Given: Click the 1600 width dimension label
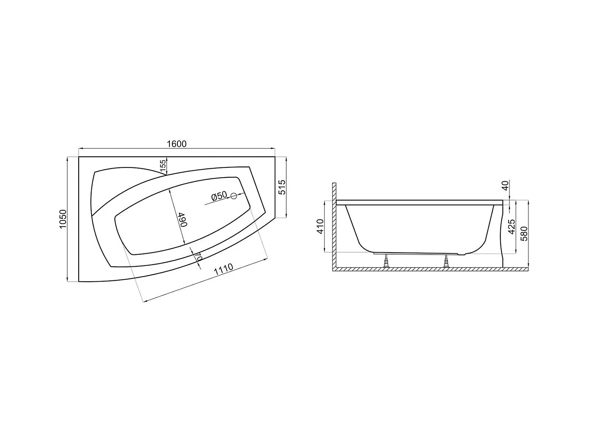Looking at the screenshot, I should (177, 144).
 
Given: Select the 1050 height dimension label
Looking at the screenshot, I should (63, 220).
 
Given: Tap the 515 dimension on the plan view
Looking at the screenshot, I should (282, 187).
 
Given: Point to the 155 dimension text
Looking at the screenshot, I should (162, 165).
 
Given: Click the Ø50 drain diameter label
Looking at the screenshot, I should (219, 195).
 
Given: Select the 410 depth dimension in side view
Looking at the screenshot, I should (320, 227).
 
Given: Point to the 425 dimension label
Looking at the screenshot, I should (511, 227).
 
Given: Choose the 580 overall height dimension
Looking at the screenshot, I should (524, 233).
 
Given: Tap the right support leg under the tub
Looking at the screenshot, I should (446, 261).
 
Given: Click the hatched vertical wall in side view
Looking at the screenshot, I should (334, 224).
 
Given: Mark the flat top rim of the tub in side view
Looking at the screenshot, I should (419, 202).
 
